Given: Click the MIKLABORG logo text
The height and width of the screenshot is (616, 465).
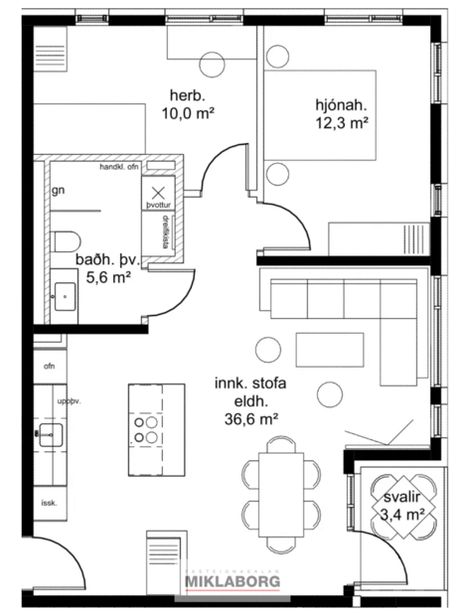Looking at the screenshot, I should (232, 581).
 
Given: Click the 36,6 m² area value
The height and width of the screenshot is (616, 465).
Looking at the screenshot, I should (250, 418).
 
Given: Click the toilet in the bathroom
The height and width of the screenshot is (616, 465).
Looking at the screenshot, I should (67, 241).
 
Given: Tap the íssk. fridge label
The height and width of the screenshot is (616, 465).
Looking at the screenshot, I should (49, 503).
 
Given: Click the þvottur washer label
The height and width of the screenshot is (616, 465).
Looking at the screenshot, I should (159, 204).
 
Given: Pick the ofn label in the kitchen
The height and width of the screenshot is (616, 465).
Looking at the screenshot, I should (49, 367).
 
